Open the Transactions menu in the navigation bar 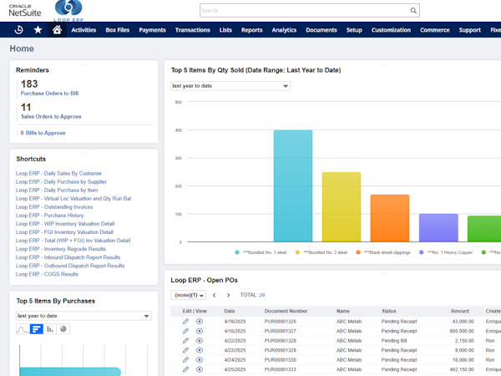tap(192, 30)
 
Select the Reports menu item tap(251, 30)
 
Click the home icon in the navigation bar tap(57, 29)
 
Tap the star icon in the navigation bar tap(38, 29)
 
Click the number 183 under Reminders tap(29, 84)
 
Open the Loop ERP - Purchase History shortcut tap(49, 216)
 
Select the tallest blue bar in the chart tap(292, 185)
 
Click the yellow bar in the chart tap(341, 206)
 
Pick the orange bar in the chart tap(389, 217)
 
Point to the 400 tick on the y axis tap(178, 130)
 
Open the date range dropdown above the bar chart tap(230, 85)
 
